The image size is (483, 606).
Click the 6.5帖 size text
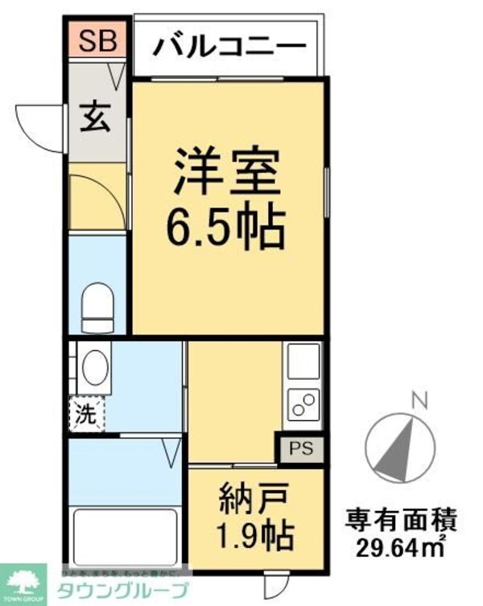coord(226,230)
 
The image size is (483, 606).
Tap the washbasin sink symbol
coord(95,368)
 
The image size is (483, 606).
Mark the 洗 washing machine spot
coord(86,416)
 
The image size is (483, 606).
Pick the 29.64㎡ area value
coord(402,550)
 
